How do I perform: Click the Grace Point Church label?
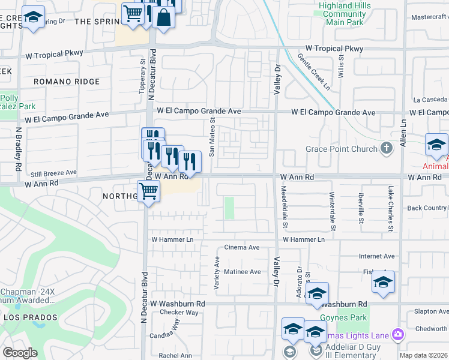pyautogui.click(x=341, y=149)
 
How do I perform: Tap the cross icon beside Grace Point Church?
pyautogui.click(x=387, y=148)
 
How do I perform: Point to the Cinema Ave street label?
pyautogui.click(x=241, y=247)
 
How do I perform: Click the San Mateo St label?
pyautogui.click(x=211, y=137)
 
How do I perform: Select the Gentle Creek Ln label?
pyautogui.click(x=313, y=71)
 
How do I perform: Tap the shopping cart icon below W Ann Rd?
pyautogui.click(x=148, y=193)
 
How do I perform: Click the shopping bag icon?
pyautogui.click(x=163, y=17)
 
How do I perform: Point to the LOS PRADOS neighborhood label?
pyautogui.click(x=30, y=317)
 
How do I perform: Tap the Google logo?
pyautogui.click(x=20, y=353)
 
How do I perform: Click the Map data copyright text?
pyautogui.click(x=424, y=355)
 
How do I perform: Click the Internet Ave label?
pyautogui.click(x=376, y=256)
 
